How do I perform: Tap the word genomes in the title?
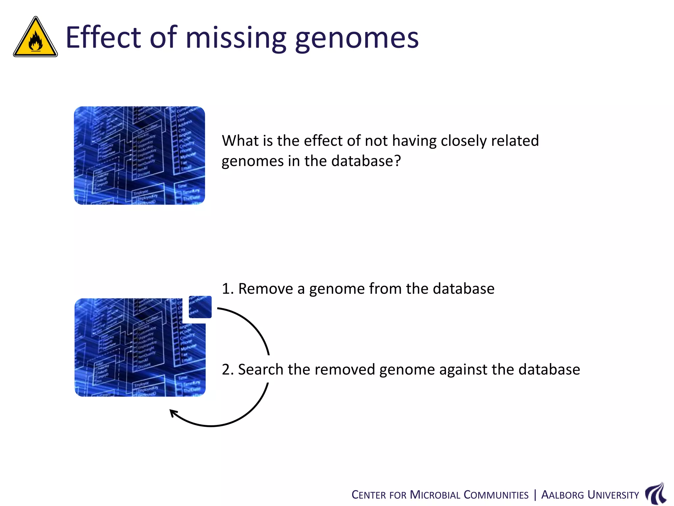[x=357, y=39]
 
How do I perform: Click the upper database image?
[x=139, y=155]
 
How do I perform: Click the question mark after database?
[x=398, y=161]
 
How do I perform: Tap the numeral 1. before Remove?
[x=227, y=289]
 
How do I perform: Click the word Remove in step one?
[x=265, y=289]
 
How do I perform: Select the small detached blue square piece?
[x=200, y=307]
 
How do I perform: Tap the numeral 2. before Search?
[x=227, y=370]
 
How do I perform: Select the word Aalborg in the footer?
[x=562, y=495]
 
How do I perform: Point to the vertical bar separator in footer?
[x=535, y=495]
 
